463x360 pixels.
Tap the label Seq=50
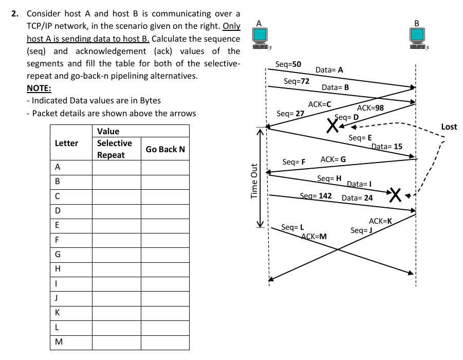point(288,64)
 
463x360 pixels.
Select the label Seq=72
point(297,81)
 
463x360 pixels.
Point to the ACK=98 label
point(370,107)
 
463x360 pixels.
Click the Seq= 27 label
point(290,113)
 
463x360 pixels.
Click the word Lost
point(449,127)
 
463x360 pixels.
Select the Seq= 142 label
point(316,196)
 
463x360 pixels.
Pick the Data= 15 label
point(387,147)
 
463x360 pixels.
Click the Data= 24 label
point(357,197)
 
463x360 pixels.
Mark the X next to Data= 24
point(395,194)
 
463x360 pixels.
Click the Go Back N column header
point(165,149)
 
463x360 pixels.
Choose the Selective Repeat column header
point(115,149)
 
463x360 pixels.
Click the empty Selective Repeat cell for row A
point(116,167)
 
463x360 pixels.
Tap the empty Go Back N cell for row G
point(165,254)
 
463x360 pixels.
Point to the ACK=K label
point(380,221)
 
